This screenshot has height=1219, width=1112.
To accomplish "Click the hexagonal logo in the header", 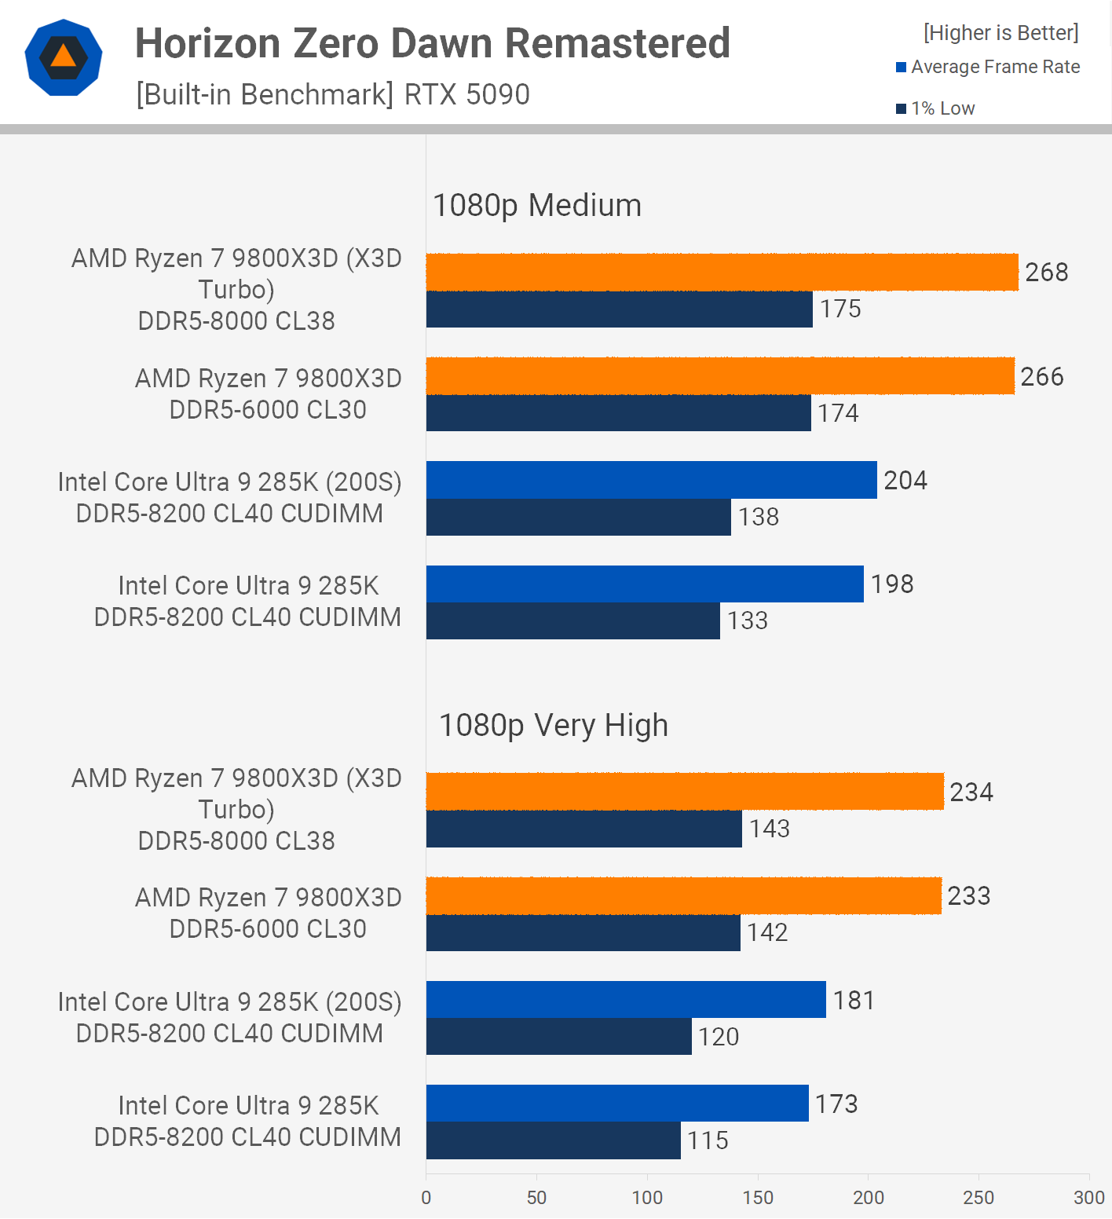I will tap(64, 57).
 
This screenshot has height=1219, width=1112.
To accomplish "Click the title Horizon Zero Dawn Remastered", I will tap(433, 43).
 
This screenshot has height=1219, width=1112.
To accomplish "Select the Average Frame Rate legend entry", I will tap(988, 68).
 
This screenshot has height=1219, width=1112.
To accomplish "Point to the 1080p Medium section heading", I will tap(537, 206).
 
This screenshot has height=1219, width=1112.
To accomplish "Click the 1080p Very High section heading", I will tap(554, 726).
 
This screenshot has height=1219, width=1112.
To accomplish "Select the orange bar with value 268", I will tap(722, 273).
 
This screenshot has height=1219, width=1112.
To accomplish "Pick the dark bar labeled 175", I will tap(619, 309).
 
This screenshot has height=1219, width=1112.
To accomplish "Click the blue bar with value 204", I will tap(651, 480).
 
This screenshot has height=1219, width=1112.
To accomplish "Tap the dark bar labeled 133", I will tap(572, 620).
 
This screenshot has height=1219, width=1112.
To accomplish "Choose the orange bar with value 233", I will tap(683, 896).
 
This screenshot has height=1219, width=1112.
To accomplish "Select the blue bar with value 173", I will tap(617, 1104).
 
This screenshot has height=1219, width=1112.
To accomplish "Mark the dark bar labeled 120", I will tap(558, 1037).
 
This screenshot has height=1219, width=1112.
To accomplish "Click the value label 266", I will tap(1041, 377).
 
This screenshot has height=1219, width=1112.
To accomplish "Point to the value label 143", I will tap(769, 829).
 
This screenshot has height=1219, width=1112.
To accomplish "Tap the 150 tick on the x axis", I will tap(758, 1198).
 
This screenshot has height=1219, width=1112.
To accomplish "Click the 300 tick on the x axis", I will tap(1089, 1198).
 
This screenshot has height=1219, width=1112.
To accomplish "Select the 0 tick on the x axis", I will tap(426, 1198).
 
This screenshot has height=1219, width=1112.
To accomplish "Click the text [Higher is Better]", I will tap(1000, 33).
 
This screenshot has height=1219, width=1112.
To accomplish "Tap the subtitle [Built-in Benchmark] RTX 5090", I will tap(333, 94).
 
